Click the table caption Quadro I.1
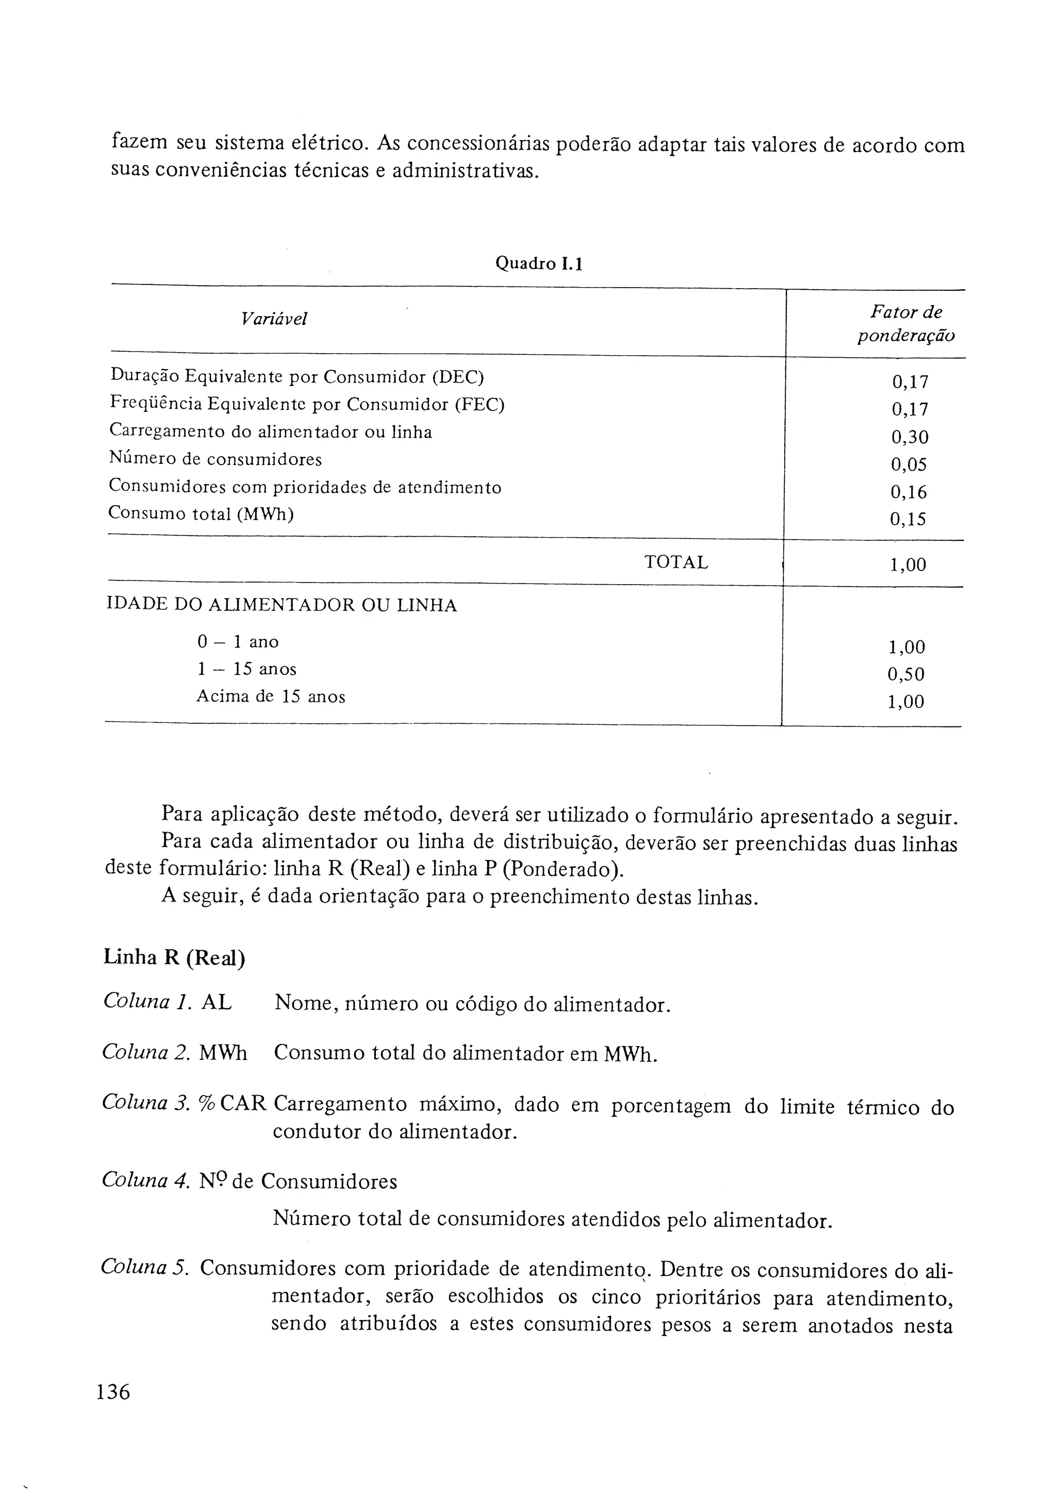pos(539,263)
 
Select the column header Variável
pos(274,319)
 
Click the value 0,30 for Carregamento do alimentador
pos(910,437)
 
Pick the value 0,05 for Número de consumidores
pos(909,464)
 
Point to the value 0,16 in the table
pos(909,492)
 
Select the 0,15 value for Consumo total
pos(907,519)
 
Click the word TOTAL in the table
pos(676,562)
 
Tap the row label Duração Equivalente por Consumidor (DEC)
pos(298,377)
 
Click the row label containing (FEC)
pos(307,404)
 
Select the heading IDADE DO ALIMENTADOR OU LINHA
pos(282,606)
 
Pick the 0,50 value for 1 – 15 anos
pos(906,674)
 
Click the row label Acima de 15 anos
pos(271,697)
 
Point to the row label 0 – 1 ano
pos(238,642)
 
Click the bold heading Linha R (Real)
pos(174,959)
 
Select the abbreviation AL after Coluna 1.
pos(216,1003)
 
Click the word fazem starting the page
pos(139,142)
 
